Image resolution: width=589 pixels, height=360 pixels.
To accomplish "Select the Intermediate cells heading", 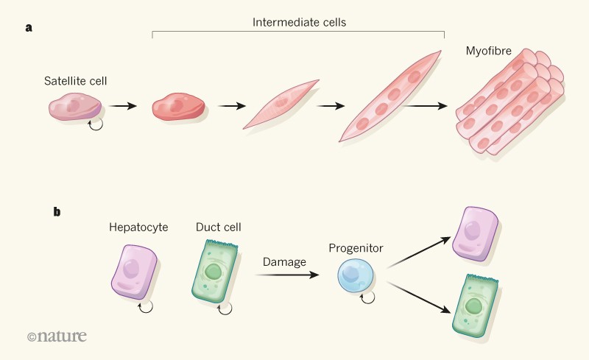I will (298, 22).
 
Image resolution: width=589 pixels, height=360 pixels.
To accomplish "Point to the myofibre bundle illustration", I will (508, 103).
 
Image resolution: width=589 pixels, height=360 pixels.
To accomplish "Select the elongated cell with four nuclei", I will (391, 96).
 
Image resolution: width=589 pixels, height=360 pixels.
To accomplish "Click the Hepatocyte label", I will (138, 227).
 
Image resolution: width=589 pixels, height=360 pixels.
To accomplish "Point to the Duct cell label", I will (218, 227).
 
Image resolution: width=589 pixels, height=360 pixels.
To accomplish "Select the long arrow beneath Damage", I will (287, 275).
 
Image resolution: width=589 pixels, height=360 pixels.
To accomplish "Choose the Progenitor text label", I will (356, 248).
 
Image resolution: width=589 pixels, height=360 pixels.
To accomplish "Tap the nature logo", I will (57, 336).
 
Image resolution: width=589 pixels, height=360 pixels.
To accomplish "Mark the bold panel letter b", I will (57, 212).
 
